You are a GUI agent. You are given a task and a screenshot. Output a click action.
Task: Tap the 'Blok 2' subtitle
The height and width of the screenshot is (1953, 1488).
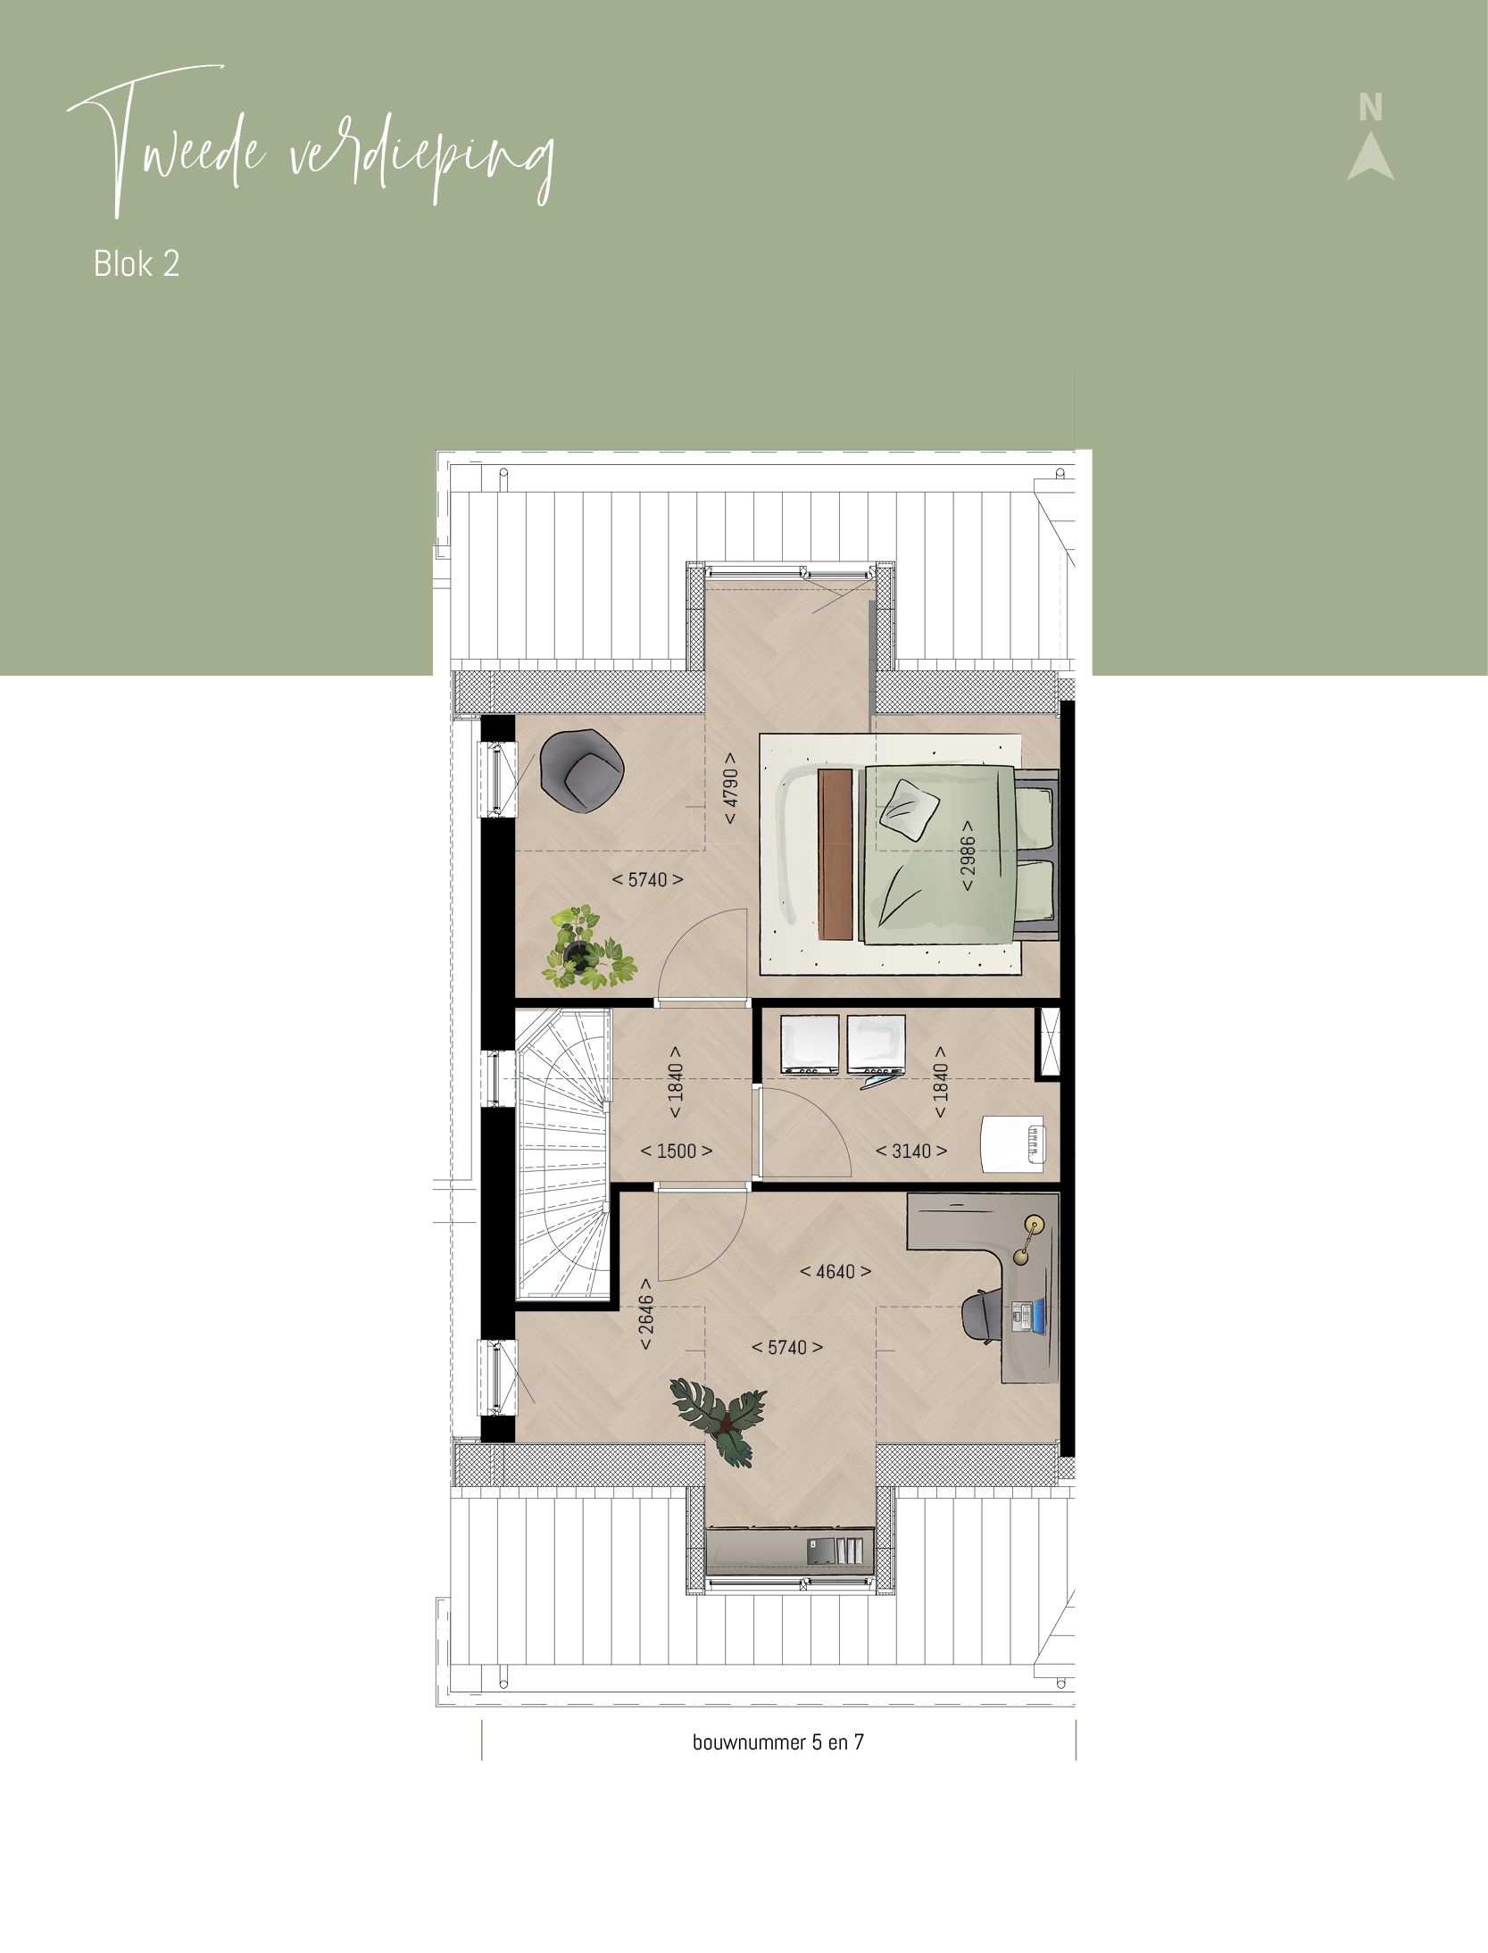137,264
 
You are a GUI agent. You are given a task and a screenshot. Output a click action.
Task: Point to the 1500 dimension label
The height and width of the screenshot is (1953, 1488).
676,1151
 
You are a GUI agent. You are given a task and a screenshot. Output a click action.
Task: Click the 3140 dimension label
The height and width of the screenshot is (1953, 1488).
910,1151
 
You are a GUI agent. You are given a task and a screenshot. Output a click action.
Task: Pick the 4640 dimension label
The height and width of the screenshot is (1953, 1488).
835,1272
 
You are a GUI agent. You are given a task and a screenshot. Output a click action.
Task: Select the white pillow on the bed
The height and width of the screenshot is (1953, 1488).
910,810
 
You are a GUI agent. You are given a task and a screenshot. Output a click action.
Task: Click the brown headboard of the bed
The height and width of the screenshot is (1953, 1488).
835,853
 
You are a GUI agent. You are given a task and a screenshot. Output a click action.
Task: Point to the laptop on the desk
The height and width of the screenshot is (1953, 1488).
1027,1317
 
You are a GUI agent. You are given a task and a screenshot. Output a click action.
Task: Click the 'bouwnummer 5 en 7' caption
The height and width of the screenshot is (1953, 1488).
777,1742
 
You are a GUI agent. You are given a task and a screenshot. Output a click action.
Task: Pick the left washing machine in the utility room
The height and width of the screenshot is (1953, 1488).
810,1043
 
